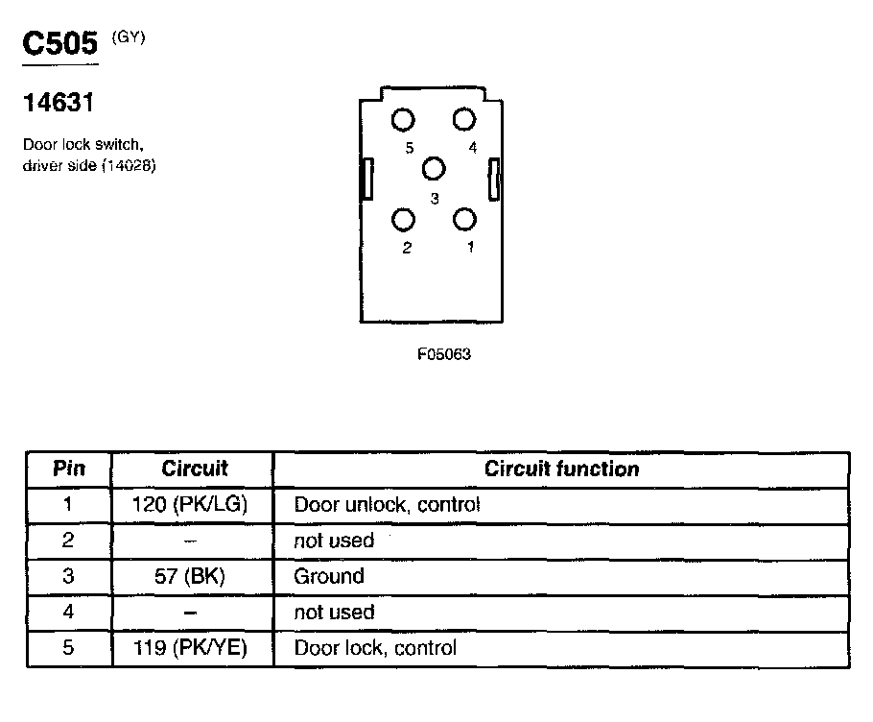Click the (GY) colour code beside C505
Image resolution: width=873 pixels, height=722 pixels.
[130, 37]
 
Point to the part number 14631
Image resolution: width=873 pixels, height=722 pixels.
[57, 104]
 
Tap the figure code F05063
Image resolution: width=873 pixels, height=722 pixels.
[444, 354]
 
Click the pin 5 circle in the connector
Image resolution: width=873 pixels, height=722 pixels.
[404, 120]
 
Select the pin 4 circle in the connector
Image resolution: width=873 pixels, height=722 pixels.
[465, 120]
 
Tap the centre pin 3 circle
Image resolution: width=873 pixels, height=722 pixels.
[435, 169]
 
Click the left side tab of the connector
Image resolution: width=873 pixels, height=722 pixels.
[366, 179]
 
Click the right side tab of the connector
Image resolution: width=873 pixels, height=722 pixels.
[494, 180]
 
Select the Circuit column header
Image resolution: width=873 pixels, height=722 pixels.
[194, 469]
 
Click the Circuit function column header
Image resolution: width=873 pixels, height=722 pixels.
[561, 469]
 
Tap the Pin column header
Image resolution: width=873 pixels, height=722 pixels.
[68, 469]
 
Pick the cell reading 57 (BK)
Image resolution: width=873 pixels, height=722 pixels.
[192, 576]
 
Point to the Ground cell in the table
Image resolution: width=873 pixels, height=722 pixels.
[329, 576]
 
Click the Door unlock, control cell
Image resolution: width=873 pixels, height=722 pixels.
[387, 504]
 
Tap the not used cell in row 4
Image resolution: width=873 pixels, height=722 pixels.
[334, 612]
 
